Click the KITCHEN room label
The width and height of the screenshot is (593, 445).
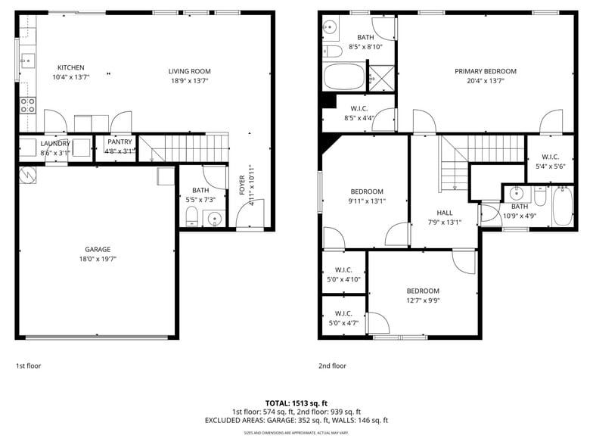[71, 67]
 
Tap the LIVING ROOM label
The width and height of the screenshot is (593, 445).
[189, 71]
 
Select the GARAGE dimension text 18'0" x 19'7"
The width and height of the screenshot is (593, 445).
[98, 259]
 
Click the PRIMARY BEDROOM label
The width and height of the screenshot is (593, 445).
[485, 71]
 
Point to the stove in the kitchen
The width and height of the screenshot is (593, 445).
[27, 105]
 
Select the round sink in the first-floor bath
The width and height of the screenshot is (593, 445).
[214, 219]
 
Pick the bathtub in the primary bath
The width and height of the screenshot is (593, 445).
[344, 77]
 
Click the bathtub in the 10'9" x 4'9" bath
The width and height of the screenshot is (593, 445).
[562, 206]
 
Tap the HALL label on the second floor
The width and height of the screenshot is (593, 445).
[444, 213]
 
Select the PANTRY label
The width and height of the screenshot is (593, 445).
[120, 142]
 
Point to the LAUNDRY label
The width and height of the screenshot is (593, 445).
[55, 143]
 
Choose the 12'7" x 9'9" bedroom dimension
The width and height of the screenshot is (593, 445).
[423, 300]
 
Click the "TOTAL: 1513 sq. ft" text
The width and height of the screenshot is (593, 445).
[296, 403]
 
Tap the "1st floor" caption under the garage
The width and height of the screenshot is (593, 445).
[29, 366]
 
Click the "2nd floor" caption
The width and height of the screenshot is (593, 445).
[332, 366]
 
